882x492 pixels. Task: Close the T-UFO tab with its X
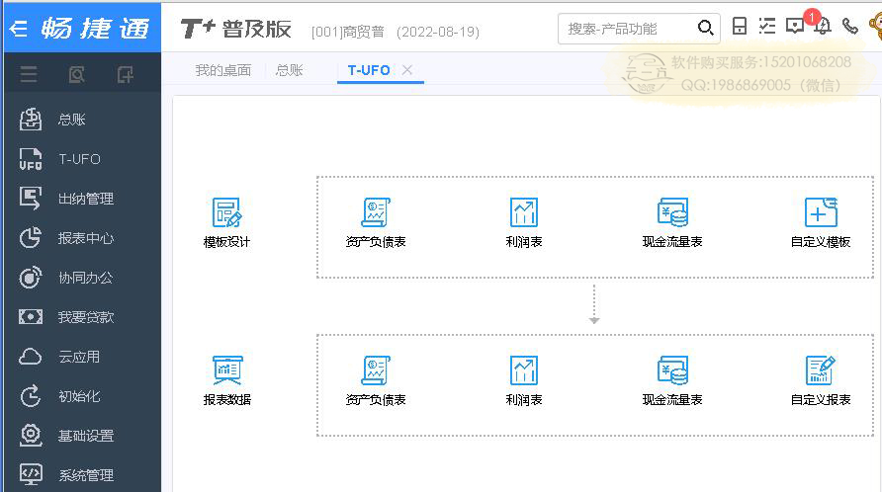click(407, 70)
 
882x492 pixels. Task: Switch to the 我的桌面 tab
click(222, 70)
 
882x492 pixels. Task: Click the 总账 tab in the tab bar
click(289, 70)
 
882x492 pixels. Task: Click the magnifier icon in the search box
click(705, 28)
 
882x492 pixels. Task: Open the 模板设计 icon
click(226, 212)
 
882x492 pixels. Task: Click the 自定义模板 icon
click(821, 212)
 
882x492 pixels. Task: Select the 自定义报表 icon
click(821, 369)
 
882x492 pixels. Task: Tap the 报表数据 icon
click(226, 369)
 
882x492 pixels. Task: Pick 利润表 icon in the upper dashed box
click(524, 212)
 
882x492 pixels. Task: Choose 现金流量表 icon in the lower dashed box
click(672, 369)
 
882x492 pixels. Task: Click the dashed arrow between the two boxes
click(594, 304)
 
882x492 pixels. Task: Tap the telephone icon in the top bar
click(850, 26)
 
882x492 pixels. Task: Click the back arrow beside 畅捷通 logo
click(19, 28)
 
